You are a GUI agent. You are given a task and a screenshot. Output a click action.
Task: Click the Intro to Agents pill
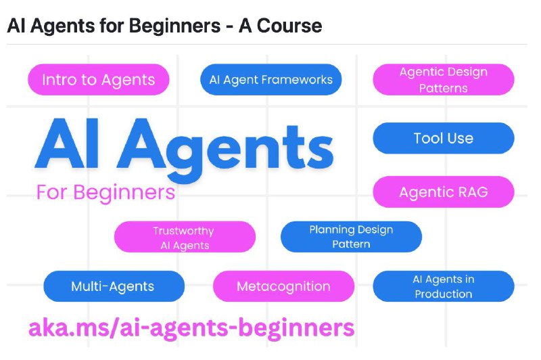pyautogui.click(x=99, y=79)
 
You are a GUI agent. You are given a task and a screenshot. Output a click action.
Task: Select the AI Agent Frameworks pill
pyautogui.click(x=271, y=79)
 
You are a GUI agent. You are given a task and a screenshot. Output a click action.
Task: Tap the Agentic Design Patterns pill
pyautogui.click(x=444, y=79)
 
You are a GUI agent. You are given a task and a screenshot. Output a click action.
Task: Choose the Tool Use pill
pyautogui.click(x=444, y=138)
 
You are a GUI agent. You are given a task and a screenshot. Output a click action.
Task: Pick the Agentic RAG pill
pyautogui.click(x=444, y=192)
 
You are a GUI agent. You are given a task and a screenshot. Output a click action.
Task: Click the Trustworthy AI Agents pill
pyautogui.click(x=185, y=237)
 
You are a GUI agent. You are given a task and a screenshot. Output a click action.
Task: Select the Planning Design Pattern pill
pyautogui.click(x=351, y=237)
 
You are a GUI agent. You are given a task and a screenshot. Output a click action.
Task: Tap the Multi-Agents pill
pyautogui.click(x=114, y=286)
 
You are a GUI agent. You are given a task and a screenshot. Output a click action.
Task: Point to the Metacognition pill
pyautogui.click(x=283, y=286)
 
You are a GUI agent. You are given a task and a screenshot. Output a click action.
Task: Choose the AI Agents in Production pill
pyautogui.click(x=444, y=286)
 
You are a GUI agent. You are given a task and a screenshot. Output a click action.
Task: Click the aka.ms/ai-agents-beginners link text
pyautogui.click(x=191, y=328)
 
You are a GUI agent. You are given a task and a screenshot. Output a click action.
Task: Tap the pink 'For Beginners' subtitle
pyautogui.click(x=105, y=192)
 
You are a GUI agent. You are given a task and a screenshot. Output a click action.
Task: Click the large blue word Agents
pyautogui.click(x=225, y=149)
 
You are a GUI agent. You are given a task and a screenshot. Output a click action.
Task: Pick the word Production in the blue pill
pyautogui.click(x=444, y=294)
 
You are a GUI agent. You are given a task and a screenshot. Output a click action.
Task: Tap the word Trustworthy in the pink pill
pyautogui.click(x=183, y=231)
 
